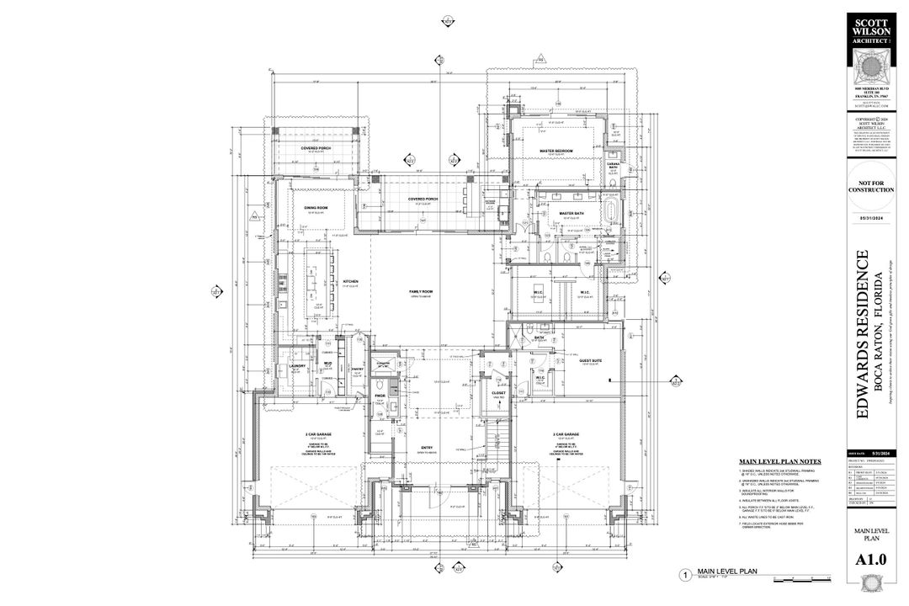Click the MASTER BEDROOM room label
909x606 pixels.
[555, 151]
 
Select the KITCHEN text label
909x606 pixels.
[351, 282]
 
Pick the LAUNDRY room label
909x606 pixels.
[296, 366]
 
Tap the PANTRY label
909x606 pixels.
[357, 369]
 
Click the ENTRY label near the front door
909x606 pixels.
[427, 447]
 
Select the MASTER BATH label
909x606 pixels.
[571, 214]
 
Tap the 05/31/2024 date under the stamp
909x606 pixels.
[870, 218]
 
